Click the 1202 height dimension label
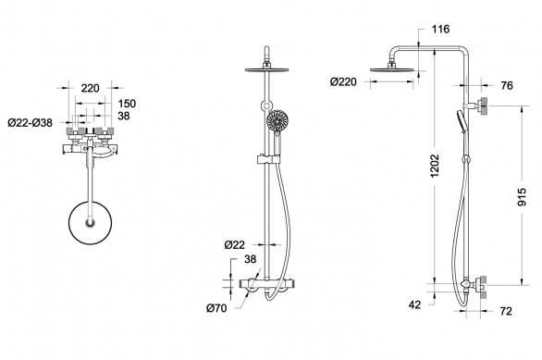pos(435,166)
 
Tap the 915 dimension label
pos(522,197)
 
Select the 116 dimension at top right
pos(440,29)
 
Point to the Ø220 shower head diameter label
pos(343,82)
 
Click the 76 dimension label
pos(507,85)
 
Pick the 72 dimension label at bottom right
pos(506,311)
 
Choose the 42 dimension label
pos(414,304)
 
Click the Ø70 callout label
pos(216,308)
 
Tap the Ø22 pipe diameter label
pos(234,245)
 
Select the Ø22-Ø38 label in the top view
pos(31,122)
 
